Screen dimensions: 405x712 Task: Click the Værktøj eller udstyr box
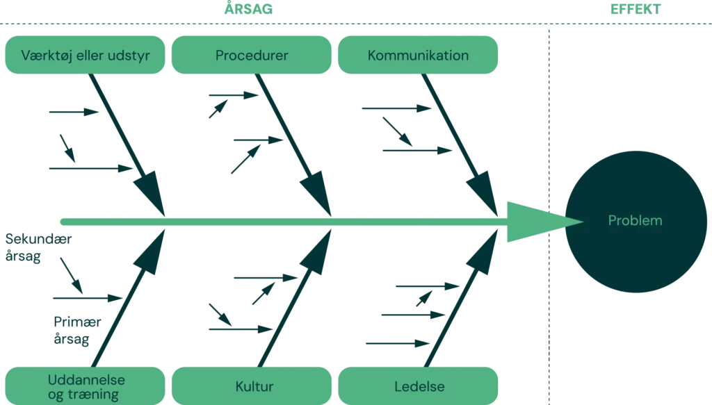pos(85,56)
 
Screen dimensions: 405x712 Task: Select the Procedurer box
pos(252,56)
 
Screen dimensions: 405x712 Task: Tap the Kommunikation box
pos(418,56)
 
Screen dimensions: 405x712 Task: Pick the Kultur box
pos(254,386)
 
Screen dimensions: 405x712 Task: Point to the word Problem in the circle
pos(635,221)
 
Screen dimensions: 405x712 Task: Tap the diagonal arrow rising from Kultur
pos(292,299)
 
